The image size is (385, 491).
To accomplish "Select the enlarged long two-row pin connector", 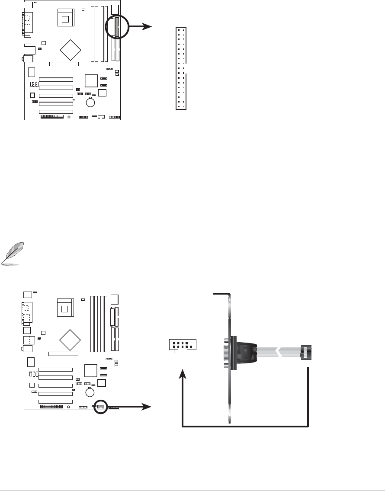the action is point(181,68).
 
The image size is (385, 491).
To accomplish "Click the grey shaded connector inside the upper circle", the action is point(117,26).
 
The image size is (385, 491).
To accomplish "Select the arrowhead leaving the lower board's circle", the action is point(148,407).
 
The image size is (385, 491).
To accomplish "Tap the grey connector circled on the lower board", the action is point(100,406).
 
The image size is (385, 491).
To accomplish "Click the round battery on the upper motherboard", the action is point(91,103).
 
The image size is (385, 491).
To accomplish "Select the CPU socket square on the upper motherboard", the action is point(65,18).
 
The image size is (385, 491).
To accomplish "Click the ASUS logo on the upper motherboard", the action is point(109,70).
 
